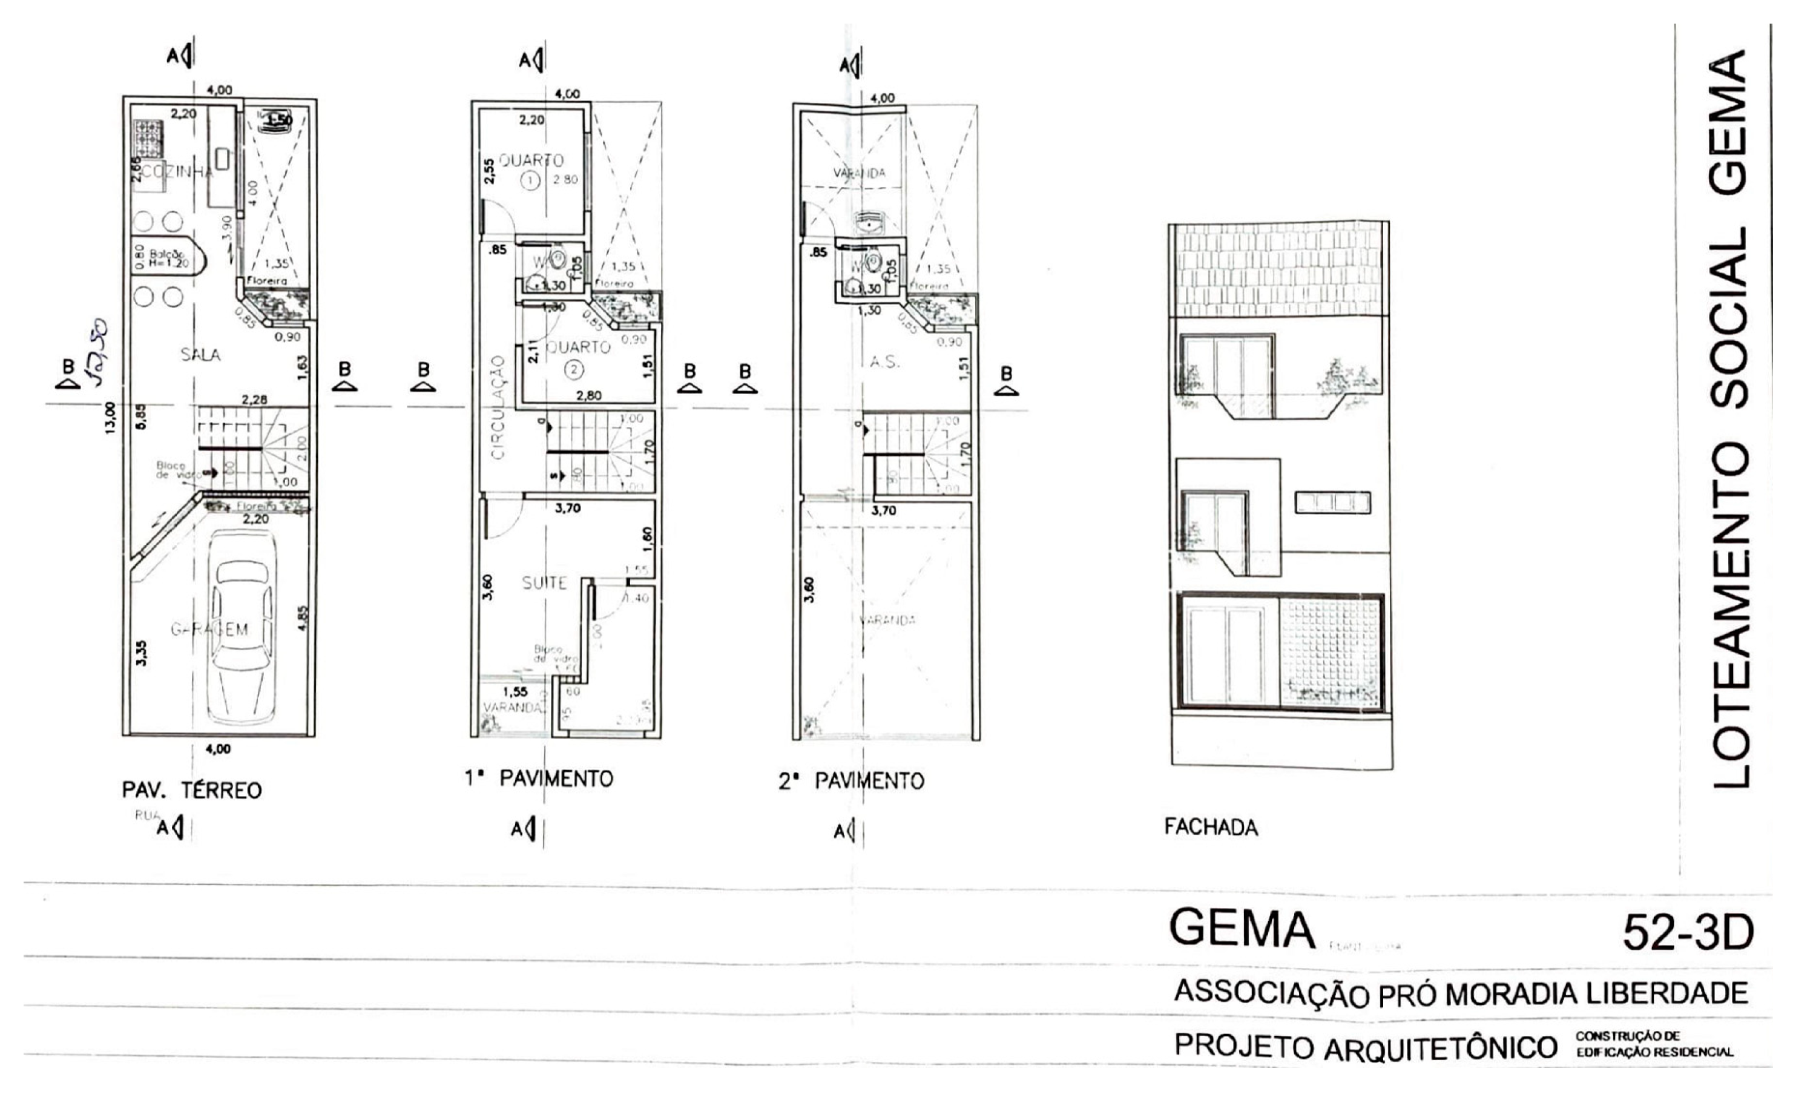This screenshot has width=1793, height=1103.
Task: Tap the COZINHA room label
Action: [x=178, y=172]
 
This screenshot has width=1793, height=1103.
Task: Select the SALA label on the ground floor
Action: [x=200, y=355]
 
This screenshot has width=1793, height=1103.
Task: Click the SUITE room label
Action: [x=544, y=583]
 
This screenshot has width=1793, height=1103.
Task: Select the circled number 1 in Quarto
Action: [x=530, y=180]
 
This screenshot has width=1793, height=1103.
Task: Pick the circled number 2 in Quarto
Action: [x=574, y=370]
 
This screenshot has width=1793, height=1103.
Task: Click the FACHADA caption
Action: [x=1211, y=827]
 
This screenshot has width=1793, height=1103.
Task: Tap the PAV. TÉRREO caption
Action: [x=192, y=790]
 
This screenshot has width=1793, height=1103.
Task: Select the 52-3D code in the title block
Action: [x=1687, y=932]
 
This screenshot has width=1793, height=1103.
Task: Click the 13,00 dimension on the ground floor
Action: [x=110, y=418]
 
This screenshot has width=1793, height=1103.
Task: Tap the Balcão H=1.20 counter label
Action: [x=166, y=259]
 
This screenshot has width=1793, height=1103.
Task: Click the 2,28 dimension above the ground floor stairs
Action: [x=255, y=399]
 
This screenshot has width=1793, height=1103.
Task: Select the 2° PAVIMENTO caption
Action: [x=851, y=782]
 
